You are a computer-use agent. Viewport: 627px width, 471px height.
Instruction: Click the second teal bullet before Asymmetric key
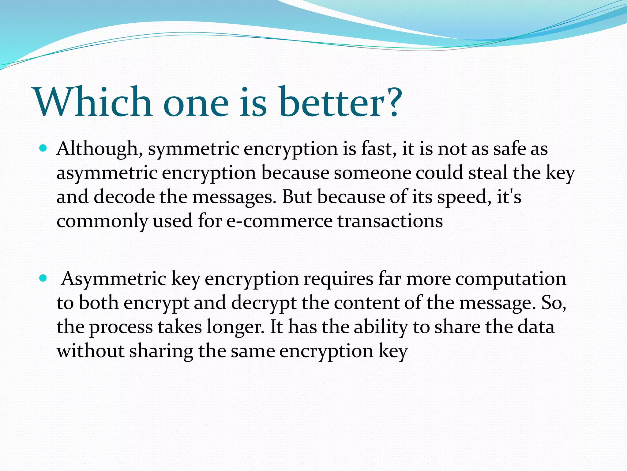click(x=43, y=278)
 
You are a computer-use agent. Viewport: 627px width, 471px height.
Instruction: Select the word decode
click(x=124, y=197)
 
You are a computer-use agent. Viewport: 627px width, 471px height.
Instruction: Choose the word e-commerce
click(x=279, y=221)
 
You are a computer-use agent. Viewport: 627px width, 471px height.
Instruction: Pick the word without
click(x=90, y=351)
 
